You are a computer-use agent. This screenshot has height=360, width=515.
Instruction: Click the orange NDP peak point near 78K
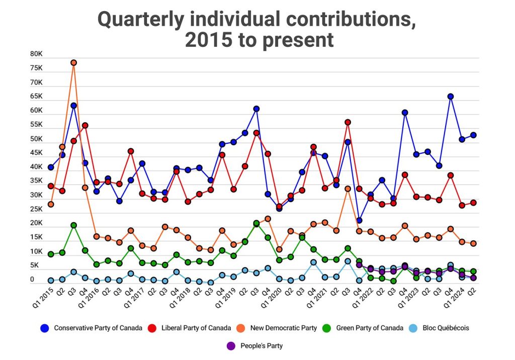click(73, 63)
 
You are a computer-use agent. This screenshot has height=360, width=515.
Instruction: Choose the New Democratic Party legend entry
click(278, 328)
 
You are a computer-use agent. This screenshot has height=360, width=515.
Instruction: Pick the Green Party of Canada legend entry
click(364, 328)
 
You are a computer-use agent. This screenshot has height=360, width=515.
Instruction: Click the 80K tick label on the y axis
click(37, 54)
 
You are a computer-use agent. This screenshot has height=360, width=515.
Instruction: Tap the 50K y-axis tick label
click(37, 139)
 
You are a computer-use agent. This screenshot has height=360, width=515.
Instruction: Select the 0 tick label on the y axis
click(32, 280)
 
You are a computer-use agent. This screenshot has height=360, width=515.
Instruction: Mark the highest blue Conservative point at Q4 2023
click(451, 97)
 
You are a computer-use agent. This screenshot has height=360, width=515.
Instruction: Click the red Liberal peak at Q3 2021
click(348, 122)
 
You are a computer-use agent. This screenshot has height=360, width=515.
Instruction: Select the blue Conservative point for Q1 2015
click(51, 167)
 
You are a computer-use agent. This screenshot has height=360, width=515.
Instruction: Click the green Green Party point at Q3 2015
click(73, 225)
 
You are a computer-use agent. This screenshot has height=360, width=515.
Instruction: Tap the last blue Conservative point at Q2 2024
click(473, 135)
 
